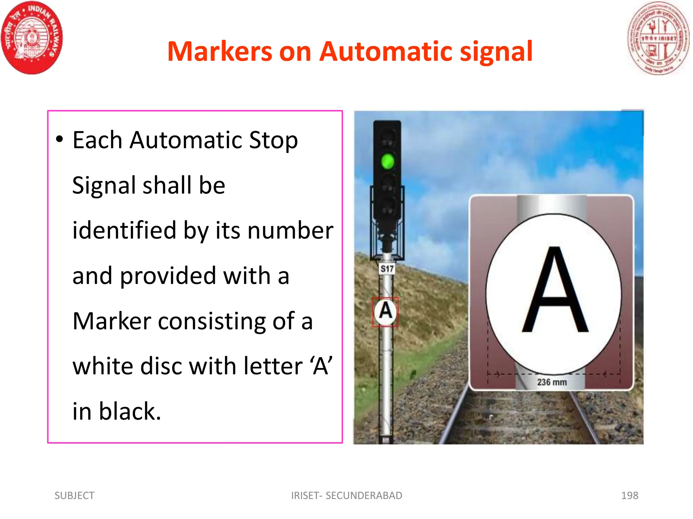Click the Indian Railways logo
[32, 38]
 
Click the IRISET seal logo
[658, 38]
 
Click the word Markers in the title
[220, 52]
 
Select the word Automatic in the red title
[386, 52]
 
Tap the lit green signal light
[387, 161]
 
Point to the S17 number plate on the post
[387, 269]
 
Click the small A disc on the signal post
[385, 312]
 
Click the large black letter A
[555, 291]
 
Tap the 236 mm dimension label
[552, 382]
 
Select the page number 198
[630, 495]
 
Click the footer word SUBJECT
[74, 495]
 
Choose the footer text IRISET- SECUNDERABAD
[346, 495]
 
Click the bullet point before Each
[60, 139]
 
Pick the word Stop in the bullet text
[273, 141]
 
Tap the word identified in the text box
[124, 230]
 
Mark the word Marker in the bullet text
[112, 321]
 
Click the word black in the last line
[130, 412]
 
